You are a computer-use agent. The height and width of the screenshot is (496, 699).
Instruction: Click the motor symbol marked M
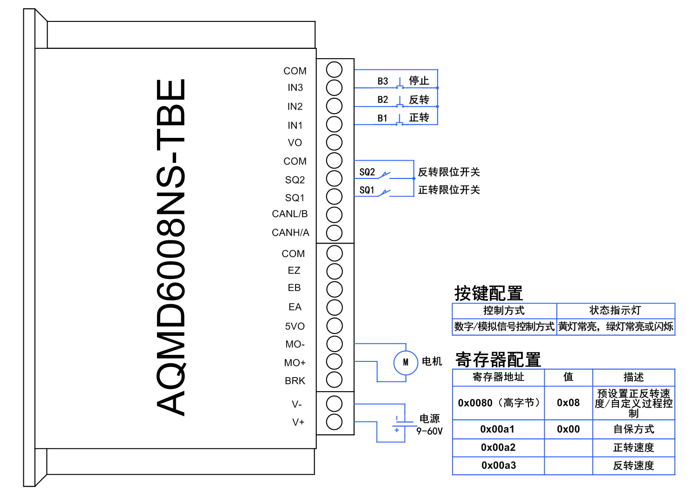[405, 362]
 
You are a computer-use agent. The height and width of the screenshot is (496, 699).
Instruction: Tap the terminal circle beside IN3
[334, 88]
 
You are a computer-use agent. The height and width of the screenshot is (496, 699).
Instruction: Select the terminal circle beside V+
[334, 422]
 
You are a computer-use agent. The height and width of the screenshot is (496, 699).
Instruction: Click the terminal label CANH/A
[290, 232]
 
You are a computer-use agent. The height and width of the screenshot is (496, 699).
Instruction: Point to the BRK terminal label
[295, 381]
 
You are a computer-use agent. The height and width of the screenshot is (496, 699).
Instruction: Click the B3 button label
[383, 82]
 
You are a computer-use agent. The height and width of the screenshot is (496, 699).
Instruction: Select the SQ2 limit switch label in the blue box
[367, 172]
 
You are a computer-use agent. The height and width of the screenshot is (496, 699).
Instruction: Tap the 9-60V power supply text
[429, 431]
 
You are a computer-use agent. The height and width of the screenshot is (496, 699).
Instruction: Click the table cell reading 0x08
[568, 403]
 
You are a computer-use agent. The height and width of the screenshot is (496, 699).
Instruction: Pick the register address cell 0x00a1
[498, 429]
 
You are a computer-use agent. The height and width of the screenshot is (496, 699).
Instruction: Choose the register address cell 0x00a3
[499, 466]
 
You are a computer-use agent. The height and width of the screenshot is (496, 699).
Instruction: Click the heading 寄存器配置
[498, 360]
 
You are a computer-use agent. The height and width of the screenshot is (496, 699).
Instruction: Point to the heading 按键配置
[488, 293]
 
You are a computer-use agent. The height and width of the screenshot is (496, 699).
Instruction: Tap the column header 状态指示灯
[615, 311]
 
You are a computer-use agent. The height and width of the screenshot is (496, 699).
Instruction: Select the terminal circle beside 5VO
[334, 326]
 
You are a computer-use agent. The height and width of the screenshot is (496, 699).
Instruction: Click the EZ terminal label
[294, 271]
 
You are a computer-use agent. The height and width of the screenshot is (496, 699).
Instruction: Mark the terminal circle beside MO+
[334, 362]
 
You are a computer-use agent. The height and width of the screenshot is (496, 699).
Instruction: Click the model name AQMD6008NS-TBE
[171, 247]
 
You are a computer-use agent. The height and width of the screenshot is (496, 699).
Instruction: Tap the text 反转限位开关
[449, 172]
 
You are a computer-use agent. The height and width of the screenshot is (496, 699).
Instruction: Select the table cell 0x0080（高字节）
[498, 403]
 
